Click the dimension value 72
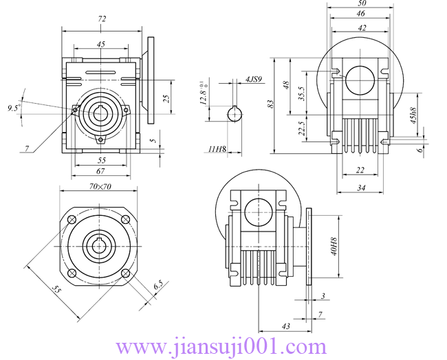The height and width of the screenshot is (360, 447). coord(102,20)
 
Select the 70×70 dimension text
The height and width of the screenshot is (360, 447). coord(100,185)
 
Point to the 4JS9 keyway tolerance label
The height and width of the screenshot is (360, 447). coord(253,80)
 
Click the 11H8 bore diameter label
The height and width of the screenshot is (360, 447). coord(217,149)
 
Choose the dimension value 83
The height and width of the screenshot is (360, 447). coord(271,103)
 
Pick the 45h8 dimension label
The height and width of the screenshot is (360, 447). coord(413,115)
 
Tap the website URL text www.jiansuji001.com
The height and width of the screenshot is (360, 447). coord(224,346)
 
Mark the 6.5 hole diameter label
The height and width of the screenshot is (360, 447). coord(158,284)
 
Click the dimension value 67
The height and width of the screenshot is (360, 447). coord(100,170)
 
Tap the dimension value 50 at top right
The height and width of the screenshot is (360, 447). coord(361,3)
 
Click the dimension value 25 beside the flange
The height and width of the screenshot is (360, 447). coord(166,99)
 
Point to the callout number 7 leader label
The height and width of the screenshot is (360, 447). coord(26,148)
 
